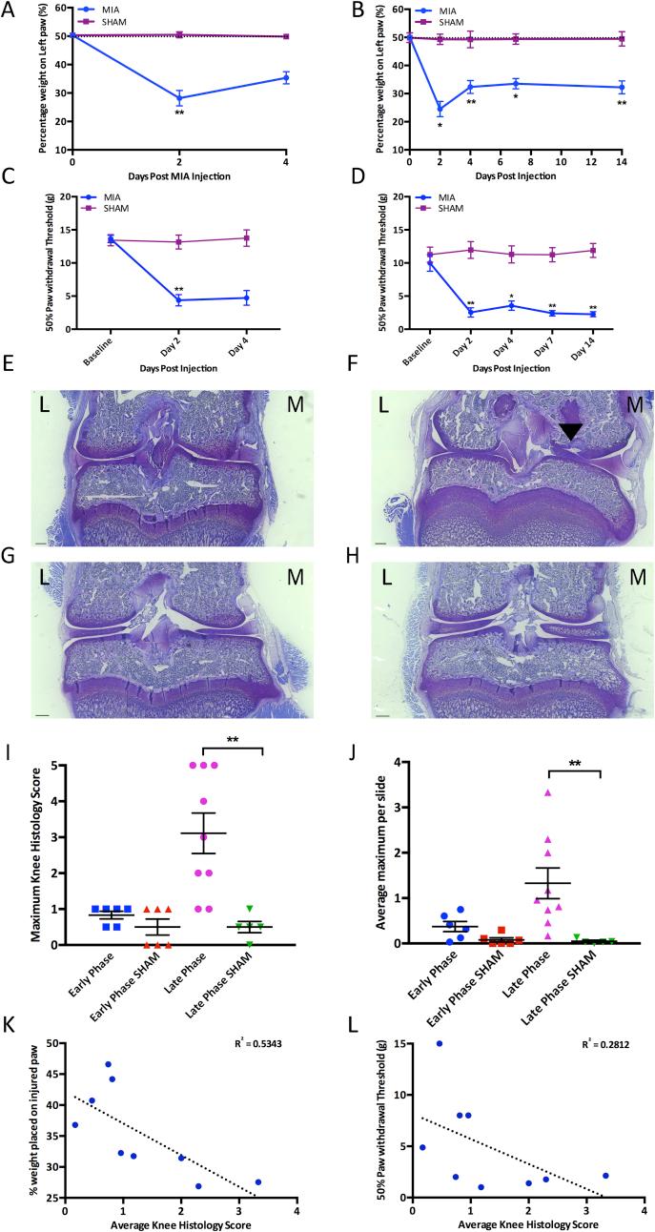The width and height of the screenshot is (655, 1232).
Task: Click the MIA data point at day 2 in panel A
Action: point(178,97)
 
